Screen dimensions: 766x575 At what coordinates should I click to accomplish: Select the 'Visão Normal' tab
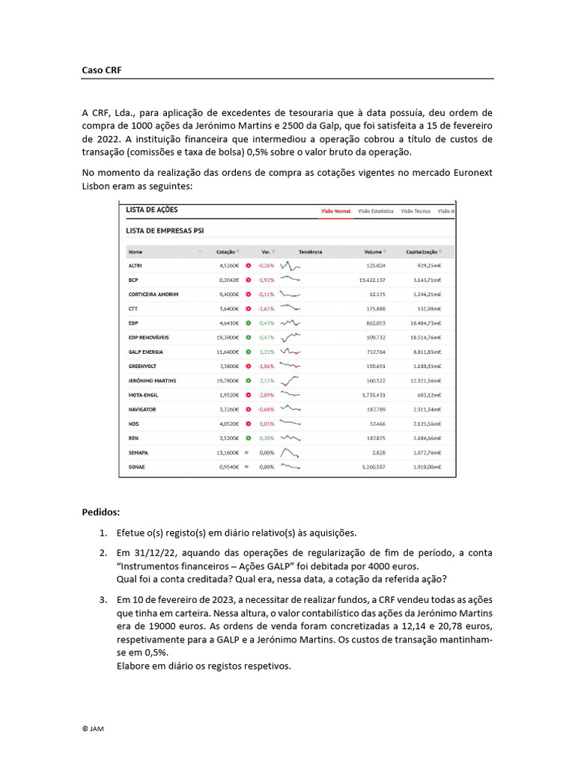click(335, 211)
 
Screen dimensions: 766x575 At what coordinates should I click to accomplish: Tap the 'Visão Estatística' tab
click(375, 211)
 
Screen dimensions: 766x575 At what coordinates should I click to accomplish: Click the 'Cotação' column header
click(225, 252)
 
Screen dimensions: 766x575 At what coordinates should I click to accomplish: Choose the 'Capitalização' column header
click(422, 252)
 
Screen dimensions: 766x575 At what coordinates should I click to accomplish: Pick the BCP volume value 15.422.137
click(372, 280)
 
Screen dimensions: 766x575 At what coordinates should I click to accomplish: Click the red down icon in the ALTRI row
click(248, 266)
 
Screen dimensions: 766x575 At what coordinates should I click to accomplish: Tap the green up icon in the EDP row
click(248, 323)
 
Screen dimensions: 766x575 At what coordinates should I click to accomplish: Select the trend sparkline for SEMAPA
click(290, 453)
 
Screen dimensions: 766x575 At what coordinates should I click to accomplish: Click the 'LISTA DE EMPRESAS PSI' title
click(165, 230)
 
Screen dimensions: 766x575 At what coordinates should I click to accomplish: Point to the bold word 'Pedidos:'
click(100, 512)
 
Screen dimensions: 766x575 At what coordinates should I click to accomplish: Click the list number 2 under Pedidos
click(103, 553)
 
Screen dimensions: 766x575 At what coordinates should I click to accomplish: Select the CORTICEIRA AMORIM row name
click(153, 294)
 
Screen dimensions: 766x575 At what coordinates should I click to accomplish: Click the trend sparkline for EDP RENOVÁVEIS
click(290, 337)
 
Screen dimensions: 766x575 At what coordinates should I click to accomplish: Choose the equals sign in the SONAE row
click(246, 467)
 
